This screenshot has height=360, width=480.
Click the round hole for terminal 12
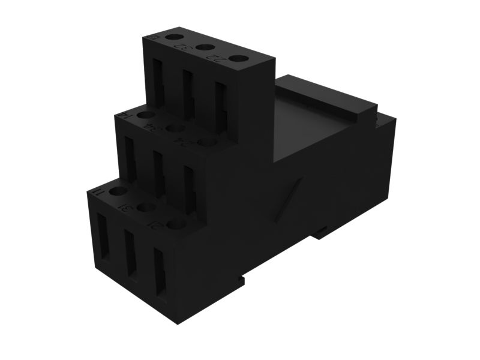[x=174, y=37]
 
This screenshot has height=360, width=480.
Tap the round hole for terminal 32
[x=205, y=47]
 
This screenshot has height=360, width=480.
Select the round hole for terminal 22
[x=238, y=58]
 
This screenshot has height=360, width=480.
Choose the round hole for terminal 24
[x=208, y=142]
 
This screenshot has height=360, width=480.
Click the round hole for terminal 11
[x=118, y=191]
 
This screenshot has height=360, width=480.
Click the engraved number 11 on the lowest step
[x=99, y=192]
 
